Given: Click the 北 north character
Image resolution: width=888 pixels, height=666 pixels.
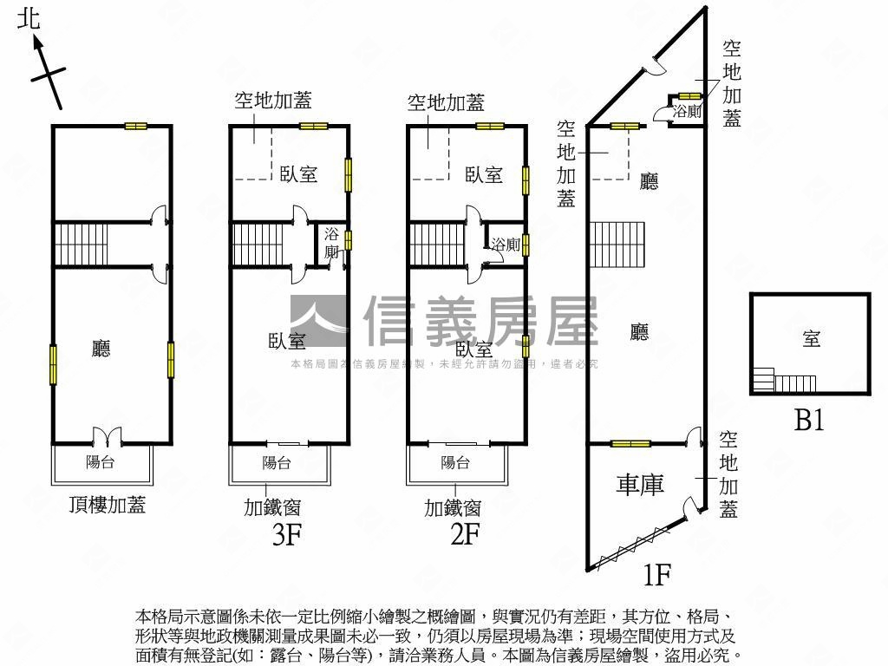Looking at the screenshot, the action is coord(29,18).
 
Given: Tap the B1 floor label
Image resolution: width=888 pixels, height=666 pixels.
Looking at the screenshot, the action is coord(809,421).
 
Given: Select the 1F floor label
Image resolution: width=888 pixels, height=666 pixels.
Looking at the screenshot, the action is coord(657,573).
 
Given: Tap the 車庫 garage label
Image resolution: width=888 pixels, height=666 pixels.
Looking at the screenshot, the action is coord(640,484).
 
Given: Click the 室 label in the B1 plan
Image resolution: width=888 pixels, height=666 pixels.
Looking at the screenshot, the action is coord(811,339).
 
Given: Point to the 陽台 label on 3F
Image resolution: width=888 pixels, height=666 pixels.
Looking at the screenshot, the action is coord(277,463).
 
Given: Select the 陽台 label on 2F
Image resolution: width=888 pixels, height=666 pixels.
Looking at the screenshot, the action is coord(455,462).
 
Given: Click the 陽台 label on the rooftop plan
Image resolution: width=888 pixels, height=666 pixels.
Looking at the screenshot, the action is coord(100,462).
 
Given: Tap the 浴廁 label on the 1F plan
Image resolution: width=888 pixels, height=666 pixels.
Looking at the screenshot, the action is coord(687,111).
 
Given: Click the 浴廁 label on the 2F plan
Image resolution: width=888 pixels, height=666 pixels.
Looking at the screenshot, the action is coord(505,245).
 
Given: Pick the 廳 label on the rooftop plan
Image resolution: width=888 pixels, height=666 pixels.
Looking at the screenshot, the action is coord(101,349).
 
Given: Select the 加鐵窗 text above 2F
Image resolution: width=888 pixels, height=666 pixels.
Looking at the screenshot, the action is coord(453,507).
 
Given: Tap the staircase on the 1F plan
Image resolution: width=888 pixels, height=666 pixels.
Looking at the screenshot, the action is coord(618,245).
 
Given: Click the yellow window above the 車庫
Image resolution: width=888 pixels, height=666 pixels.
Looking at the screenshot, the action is coord(630,444).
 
